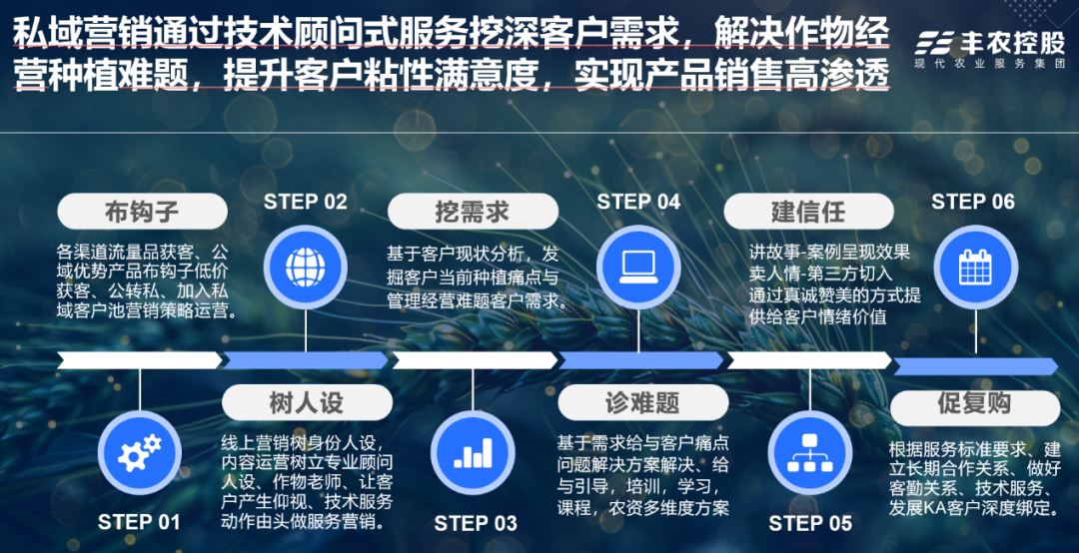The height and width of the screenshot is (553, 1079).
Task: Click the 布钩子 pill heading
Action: pyautogui.click(x=141, y=213)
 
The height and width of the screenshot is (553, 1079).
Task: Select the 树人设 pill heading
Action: pyautogui.click(x=306, y=403)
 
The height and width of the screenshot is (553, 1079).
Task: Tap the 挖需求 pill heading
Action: pyautogui.click(x=472, y=213)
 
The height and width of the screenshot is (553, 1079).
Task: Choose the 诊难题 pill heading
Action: pyautogui.click(x=641, y=403)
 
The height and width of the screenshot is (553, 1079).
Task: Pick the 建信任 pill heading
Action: pyautogui.click(x=807, y=213)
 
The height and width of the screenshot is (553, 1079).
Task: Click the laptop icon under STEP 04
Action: pyautogui.click(x=638, y=266)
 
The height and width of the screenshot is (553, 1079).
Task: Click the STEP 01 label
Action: pyautogui.click(x=139, y=522)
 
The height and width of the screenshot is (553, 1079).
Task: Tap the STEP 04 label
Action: pyautogui.click(x=638, y=202)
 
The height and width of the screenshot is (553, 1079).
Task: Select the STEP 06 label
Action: pyautogui.click(x=972, y=202)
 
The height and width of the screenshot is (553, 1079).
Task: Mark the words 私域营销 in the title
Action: pyautogui.click(x=66, y=33)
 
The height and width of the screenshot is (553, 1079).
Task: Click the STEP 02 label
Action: pyautogui.click(x=305, y=202)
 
